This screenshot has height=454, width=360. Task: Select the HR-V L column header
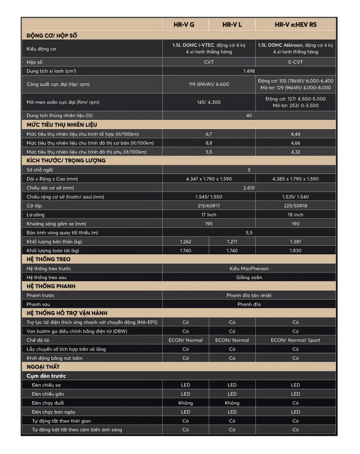pos(232,25)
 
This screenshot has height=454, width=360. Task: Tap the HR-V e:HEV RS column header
pos(295,25)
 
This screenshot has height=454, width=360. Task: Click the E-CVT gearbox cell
pos(295,62)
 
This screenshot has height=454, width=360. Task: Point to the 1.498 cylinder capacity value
pos(249,71)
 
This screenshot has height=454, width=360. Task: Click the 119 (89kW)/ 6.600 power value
pos(209,84)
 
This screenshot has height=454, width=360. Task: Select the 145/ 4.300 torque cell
pos(209,102)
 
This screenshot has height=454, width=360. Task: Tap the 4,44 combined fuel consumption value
pos(295,134)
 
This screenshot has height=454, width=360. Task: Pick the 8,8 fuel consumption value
pos(209,143)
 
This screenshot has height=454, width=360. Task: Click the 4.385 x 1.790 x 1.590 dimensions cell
pos(295,179)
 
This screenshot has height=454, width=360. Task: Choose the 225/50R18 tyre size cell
pos(295,206)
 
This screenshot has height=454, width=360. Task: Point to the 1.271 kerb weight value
pos(232,241)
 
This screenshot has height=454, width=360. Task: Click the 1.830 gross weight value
pos(295,250)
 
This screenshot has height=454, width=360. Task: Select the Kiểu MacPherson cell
pos(249,269)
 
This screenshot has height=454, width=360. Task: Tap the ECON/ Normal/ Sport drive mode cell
pos(295,340)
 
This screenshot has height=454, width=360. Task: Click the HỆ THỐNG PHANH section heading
pos(51,286)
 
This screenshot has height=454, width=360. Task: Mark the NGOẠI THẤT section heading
pos(43,367)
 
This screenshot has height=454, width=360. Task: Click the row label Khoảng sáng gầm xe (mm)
pos(56,224)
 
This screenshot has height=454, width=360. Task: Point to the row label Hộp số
pos(34,62)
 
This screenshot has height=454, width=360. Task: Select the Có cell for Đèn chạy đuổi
pos(295,403)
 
